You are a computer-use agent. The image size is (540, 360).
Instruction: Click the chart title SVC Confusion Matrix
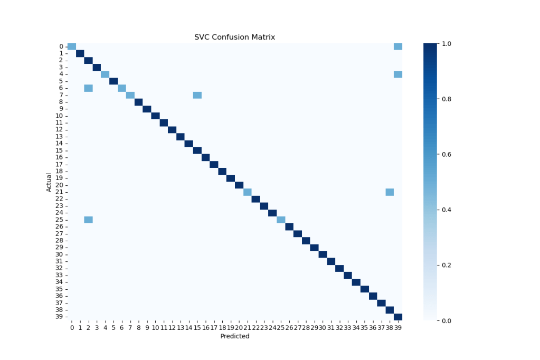coord(234,37)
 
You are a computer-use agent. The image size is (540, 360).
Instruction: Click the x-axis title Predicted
coord(234,336)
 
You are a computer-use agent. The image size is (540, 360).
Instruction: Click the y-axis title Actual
coord(49,182)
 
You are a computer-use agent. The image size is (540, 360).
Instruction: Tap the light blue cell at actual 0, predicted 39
coord(398,46)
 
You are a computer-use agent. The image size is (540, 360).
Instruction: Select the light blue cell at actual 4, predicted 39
coord(398,74)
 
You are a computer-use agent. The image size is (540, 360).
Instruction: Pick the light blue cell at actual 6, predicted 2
coord(88,88)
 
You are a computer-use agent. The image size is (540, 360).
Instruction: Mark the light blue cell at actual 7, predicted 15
coord(197,95)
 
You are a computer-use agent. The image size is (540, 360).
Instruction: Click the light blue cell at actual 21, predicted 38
coord(390,192)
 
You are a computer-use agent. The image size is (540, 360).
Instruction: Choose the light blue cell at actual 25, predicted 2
coord(88,220)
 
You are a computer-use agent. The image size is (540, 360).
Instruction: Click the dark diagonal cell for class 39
coord(398,317)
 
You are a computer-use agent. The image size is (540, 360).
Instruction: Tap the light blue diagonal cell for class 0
coord(72,46)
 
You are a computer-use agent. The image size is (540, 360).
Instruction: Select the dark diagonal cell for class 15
coord(197,150)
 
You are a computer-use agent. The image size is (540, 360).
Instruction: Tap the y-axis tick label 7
coord(62,95)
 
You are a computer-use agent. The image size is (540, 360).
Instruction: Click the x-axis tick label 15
coord(197,328)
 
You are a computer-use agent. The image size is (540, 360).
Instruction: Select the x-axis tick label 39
coord(398,328)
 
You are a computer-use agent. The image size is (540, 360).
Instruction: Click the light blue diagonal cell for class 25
coord(281,220)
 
